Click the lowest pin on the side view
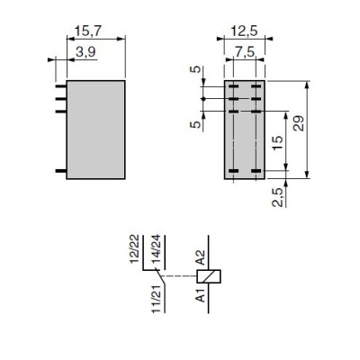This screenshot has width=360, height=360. pyautogui.click(x=61, y=170)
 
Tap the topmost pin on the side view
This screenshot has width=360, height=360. pyautogui.click(x=61, y=86)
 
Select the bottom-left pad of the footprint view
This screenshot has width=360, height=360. pyautogui.click(x=232, y=169)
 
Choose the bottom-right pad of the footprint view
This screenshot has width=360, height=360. pyautogui.click(x=256, y=169)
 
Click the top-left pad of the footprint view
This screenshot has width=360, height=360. pyautogui.click(x=232, y=87)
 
